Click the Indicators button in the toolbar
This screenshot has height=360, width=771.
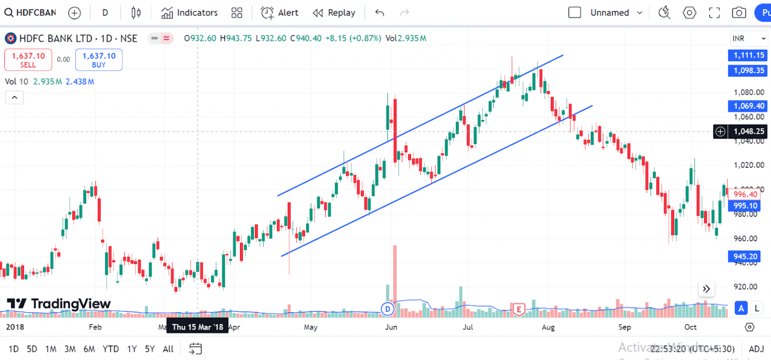[x=189, y=13]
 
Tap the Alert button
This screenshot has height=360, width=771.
[x=280, y=13]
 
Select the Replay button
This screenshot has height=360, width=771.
[x=334, y=13]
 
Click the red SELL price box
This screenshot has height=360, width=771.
[x=28, y=60]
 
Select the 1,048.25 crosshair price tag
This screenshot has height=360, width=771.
[x=748, y=132]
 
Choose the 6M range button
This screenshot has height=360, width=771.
[x=89, y=349]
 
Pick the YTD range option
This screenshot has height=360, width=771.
[x=110, y=349]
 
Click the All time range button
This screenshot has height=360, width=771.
[x=168, y=349]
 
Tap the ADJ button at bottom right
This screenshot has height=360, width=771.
[x=756, y=349]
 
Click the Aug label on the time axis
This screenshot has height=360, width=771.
[x=548, y=327]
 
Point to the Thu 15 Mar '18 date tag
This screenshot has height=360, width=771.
[x=197, y=327]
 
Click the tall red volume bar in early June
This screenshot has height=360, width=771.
[x=395, y=276]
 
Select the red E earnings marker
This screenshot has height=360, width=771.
[x=518, y=309]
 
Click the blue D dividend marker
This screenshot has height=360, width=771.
[x=387, y=309]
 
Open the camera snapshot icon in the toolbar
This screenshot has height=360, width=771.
[x=738, y=13]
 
